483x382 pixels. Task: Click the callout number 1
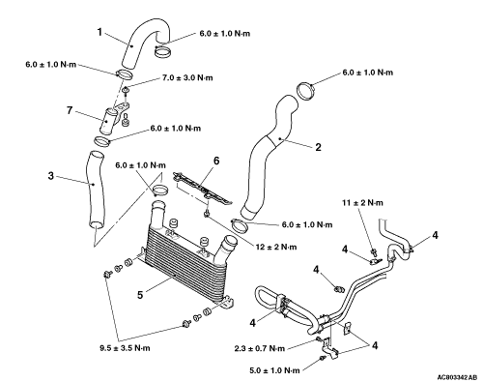tap(99, 32)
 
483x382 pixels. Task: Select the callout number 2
tap(318, 147)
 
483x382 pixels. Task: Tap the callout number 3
tap(51, 176)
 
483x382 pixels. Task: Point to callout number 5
tap(140, 295)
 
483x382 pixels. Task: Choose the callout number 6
tap(216, 161)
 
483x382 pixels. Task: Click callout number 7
tap(70, 110)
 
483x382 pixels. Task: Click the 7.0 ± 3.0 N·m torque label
tap(186, 77)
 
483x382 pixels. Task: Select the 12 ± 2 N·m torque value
tap(276, 247)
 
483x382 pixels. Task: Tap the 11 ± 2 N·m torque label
tap(362, 203)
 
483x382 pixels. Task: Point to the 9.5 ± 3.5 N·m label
tap(125, 348)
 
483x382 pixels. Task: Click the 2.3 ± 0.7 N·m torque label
tap(260, 348)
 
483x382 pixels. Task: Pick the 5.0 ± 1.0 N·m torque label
tap(274, 370)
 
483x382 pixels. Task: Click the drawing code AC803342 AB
tap(457, 377)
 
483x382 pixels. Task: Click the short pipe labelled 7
tap(108, 122)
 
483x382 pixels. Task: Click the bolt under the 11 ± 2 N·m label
tap(374, 250)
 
